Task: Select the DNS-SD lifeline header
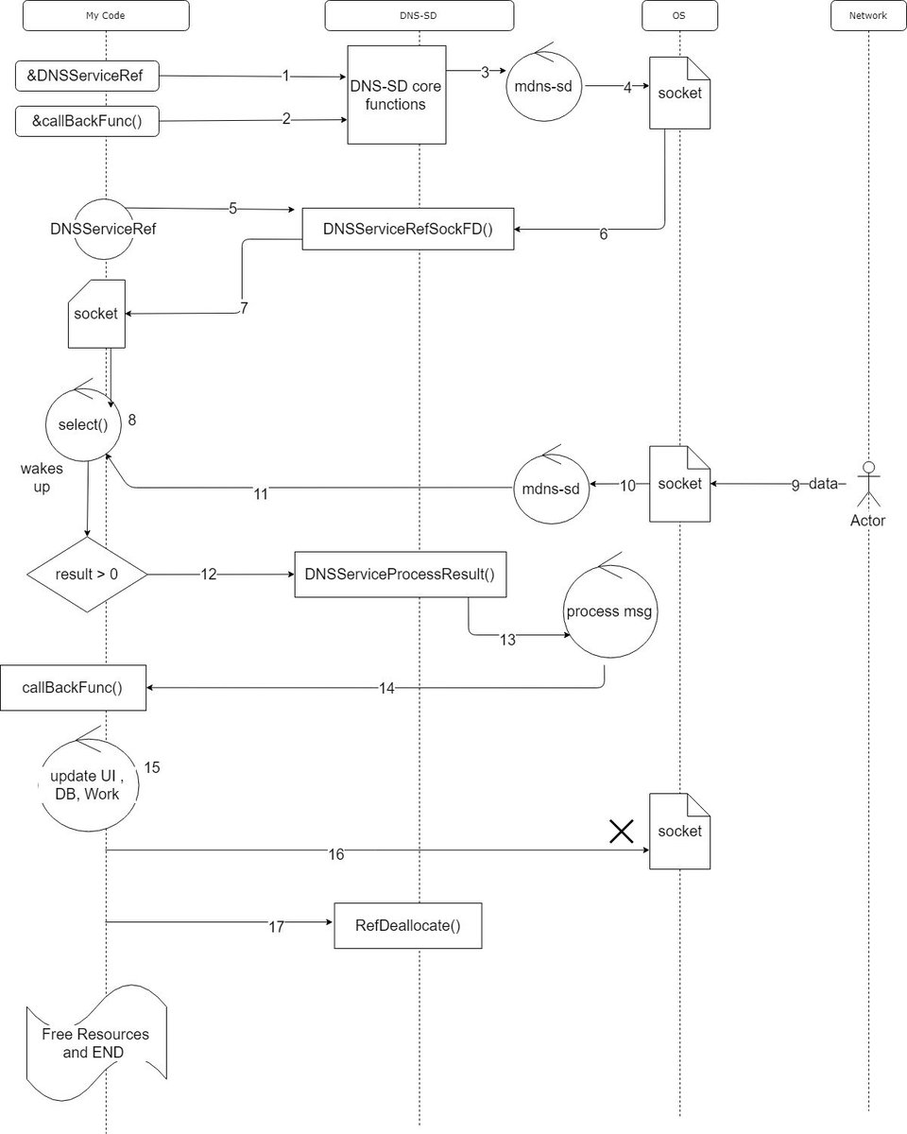(419, 16)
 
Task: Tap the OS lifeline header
(678, 16)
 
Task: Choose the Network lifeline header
(868, 16)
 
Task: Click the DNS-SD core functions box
(396, 94)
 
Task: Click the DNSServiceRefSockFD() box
(408, 229)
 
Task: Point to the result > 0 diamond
(87, 574)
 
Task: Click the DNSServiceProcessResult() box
(401, 574)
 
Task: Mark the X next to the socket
(621, 831)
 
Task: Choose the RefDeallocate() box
(408, 925)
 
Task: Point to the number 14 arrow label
(387, 689)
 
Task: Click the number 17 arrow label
(275, 927)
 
